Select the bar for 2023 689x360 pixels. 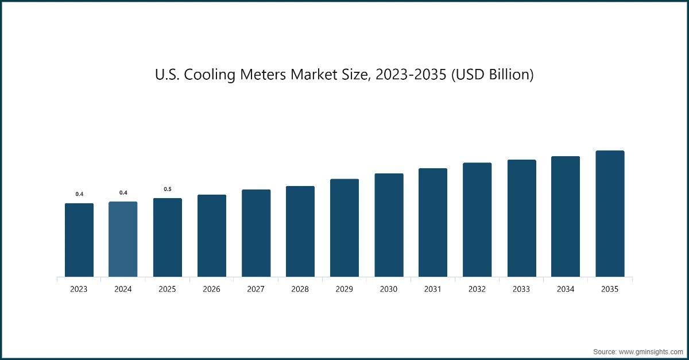(79, 240)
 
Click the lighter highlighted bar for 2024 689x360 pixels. (123, 239)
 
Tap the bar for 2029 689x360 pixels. (344, 228)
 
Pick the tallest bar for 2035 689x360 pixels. (610, 214)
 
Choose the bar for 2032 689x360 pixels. (477, 220)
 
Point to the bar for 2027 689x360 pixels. (256, 233)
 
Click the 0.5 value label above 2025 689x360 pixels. (167, 189)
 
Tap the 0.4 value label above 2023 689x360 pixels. (79, 194)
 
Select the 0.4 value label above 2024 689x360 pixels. (123, 192)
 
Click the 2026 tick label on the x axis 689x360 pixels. (211, 289)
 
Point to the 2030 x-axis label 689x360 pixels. (388, 289)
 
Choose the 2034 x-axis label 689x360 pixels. (566, 289)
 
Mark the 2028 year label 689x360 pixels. (300, 289)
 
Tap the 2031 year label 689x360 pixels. (432, 289)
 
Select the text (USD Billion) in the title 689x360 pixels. (493, 75)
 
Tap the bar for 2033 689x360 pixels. (521, 218)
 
